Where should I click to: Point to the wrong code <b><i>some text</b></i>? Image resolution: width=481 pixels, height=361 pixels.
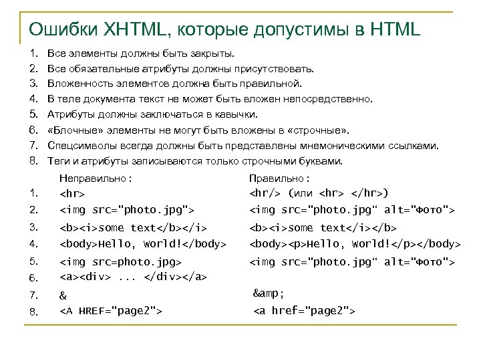pos(134,228)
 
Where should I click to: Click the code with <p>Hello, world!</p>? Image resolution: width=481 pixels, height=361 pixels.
pos(355,243)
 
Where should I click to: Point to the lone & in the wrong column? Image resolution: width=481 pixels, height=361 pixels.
pos(63,295)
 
